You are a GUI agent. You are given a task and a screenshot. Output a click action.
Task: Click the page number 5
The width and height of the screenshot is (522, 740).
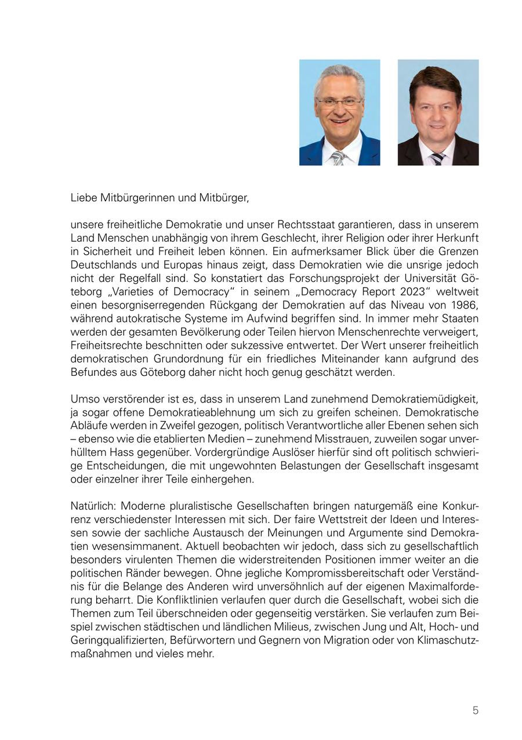(x=475, y=710)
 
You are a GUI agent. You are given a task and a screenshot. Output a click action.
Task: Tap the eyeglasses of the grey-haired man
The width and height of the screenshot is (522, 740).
(x=339, y=103)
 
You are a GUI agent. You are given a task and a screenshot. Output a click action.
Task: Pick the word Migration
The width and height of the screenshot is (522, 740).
(x=358, y=640)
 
